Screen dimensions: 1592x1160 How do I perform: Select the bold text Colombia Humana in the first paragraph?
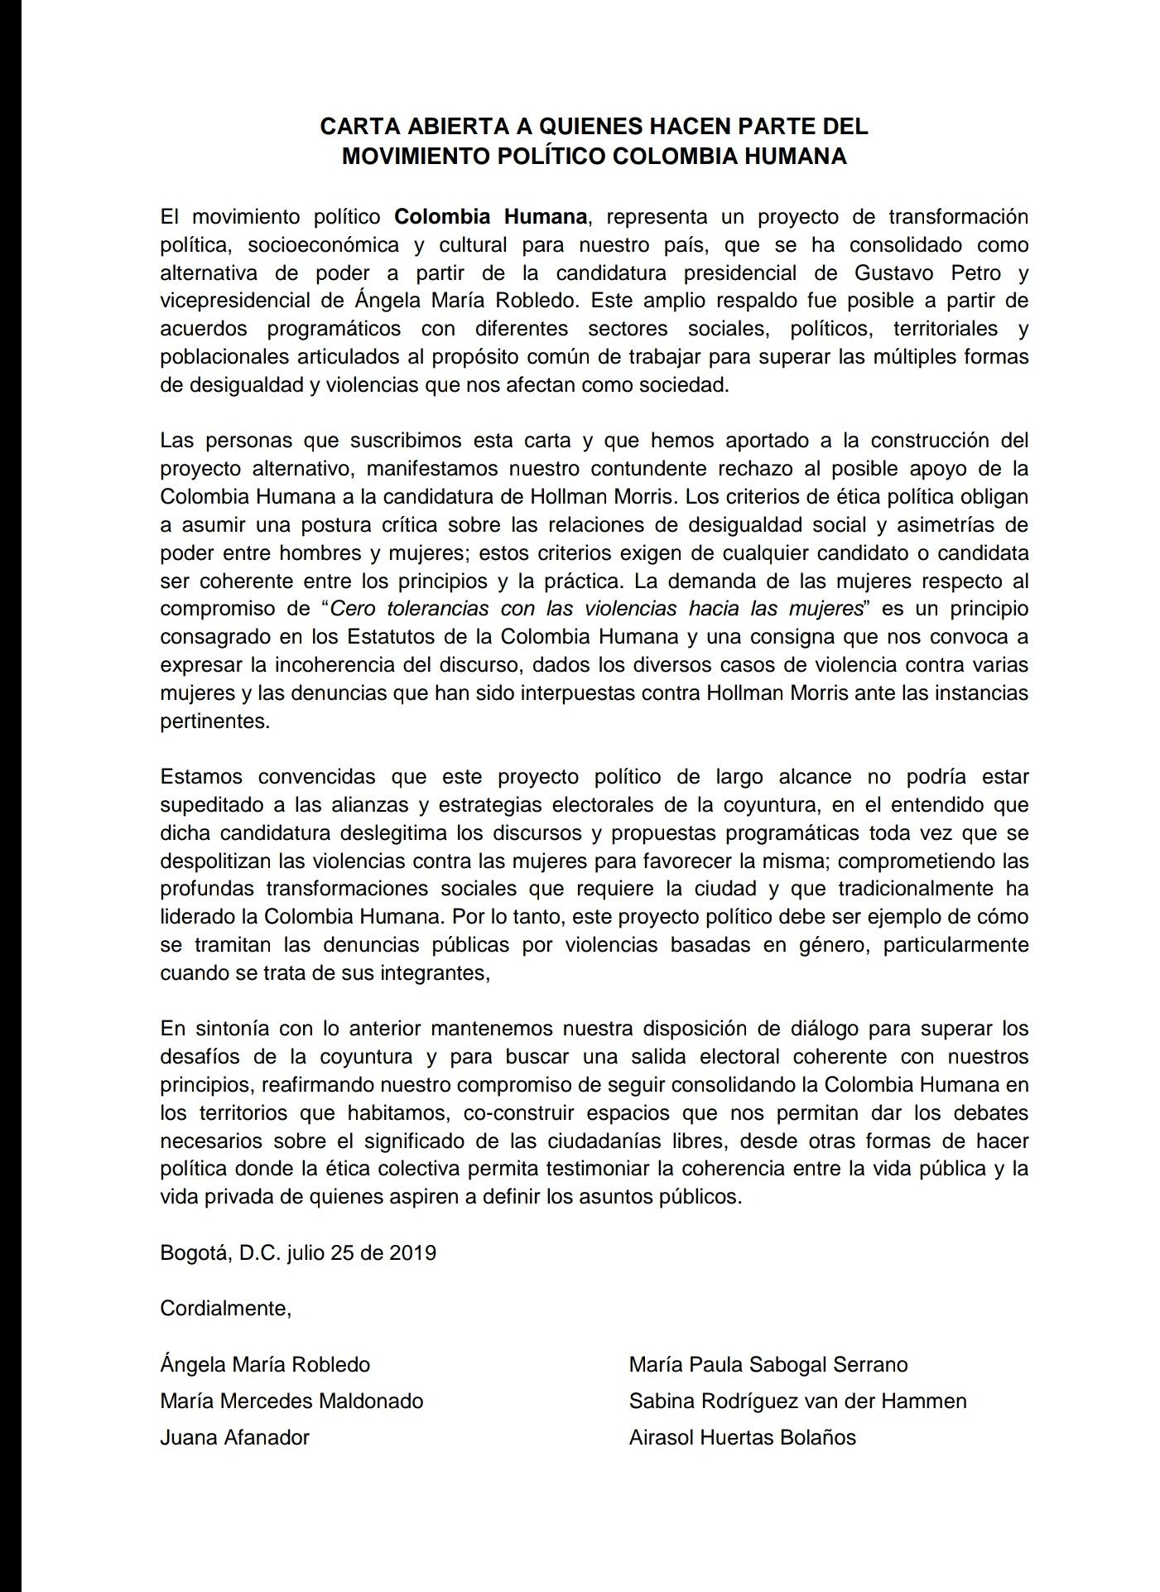pos(491,217)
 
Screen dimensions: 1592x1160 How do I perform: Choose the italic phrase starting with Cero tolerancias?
pos(597,608)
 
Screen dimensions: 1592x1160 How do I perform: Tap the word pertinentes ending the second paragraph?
pos(213,721)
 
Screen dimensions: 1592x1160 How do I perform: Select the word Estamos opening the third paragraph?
pos(201,776)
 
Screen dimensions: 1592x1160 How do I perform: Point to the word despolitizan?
pos(214,861)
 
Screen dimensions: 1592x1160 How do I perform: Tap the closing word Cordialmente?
pos(224,1309)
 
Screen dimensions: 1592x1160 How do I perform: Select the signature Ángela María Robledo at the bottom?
pos(265,1364)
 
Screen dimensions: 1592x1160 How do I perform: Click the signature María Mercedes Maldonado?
pos(291,1401)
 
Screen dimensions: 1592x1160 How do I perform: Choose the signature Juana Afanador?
pos(234,1437)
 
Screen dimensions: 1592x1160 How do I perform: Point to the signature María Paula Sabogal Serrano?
pos(768,1364)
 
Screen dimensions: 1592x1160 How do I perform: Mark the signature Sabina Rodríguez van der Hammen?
pos(797,1401)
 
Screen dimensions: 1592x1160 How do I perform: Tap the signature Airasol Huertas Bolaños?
pos(742,1437)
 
